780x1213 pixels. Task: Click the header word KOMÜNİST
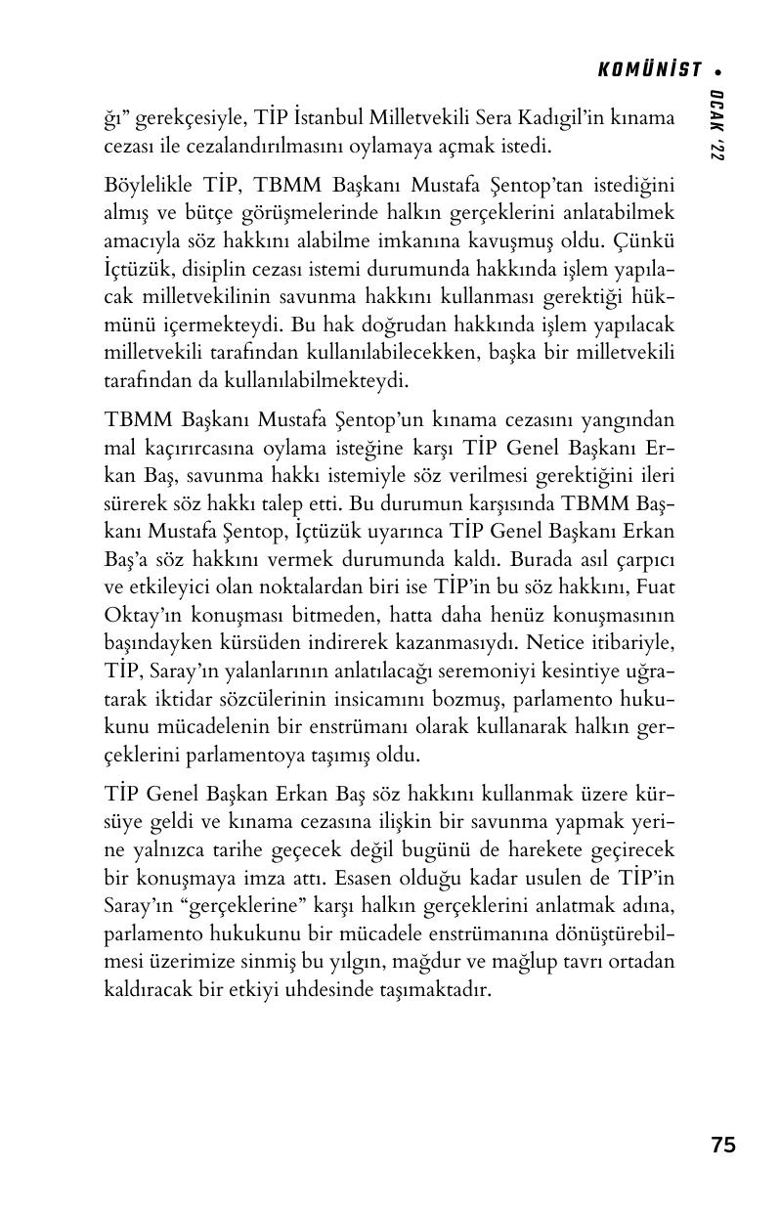649,69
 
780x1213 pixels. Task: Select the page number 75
723,1145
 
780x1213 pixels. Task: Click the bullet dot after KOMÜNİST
718,70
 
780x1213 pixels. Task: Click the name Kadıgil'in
548,118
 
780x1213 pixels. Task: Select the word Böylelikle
149,185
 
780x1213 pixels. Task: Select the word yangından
629,421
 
